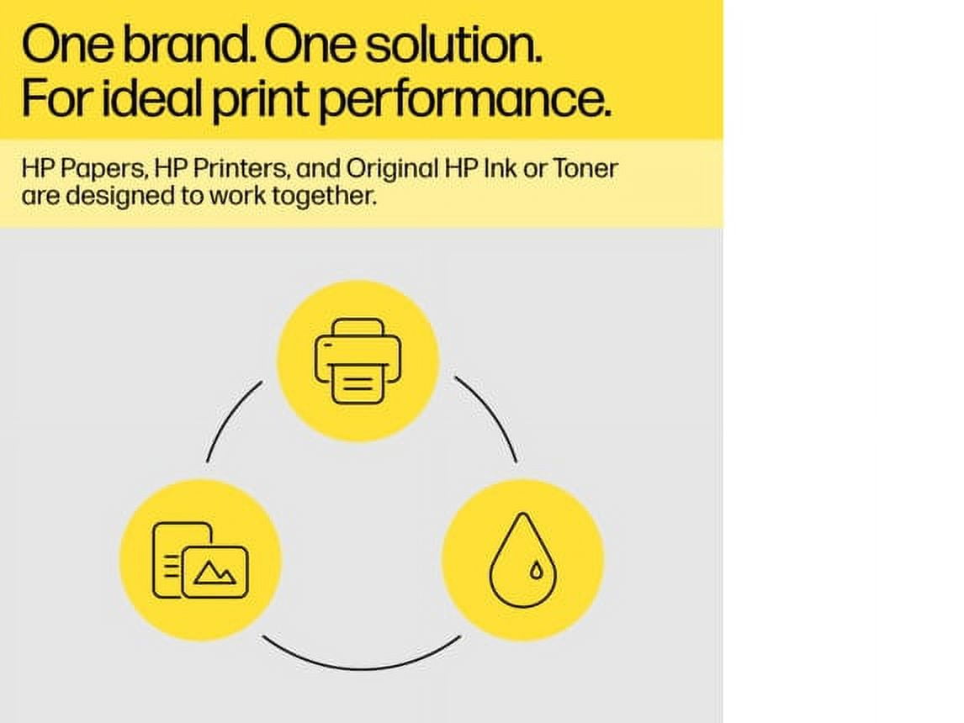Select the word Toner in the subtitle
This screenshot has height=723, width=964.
click(585, 168)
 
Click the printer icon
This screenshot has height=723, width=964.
click(358, 361)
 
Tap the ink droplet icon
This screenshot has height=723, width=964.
click(522, 559)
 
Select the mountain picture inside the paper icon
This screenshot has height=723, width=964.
click(215, 573)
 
